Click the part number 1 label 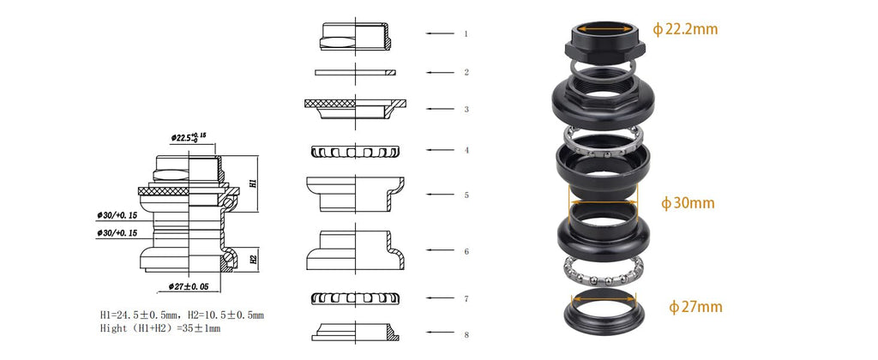tap(466, 33)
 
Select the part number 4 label tap(466, 150)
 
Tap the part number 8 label tap(466, 335)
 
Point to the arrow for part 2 tap(440, 72)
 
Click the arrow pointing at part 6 tap(440, 250)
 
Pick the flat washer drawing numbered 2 tap(356, 72)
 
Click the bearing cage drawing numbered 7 tap(354, 299)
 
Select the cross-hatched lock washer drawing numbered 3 tap(356, 109)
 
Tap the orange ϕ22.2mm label tap(685, 29)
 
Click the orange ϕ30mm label tap(688, 202)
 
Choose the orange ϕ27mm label tap(695, 307)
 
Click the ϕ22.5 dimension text tap(189, 136)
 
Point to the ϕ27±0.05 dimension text tap(188, 286)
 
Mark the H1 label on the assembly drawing tap(253, 183)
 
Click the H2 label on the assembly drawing tap(253, 259)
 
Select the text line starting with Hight tap(160, 328)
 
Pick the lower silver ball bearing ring tap(603, 272)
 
